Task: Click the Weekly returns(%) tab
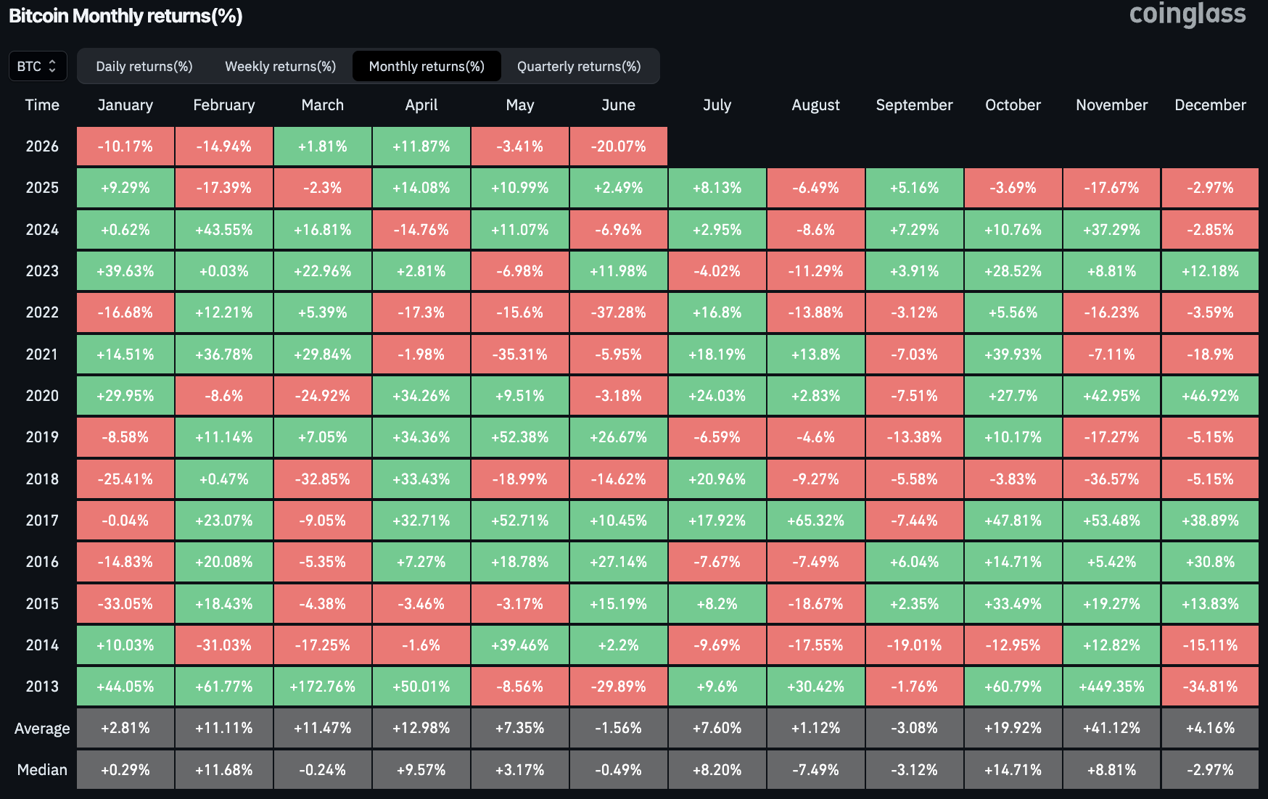tap(280, 67)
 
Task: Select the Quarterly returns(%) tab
tap(579, 67)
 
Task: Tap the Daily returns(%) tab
tap(144, 67)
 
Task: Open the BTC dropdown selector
tap(38, 66)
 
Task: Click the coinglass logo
tap(1187, 15)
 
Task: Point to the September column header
tap(914, 105)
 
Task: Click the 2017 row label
tap(42, 521)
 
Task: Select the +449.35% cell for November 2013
tap(1111, 687)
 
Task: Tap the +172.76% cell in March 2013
tap(323, 687)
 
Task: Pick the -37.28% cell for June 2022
tap(619, 312)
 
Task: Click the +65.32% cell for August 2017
tap(816, 521)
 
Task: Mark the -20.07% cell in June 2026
tap(619, 146)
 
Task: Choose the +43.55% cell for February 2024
tap(224, 230)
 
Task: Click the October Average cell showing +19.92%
tap(1013, 728)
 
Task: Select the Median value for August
tap(816, 770)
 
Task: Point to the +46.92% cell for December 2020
tap(1210, 396)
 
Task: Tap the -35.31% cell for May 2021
tap(520, 355)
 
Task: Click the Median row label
tap(42, 770)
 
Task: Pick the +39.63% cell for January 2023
tap(125, 271)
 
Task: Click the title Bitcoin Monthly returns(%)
tap(125, 16)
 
